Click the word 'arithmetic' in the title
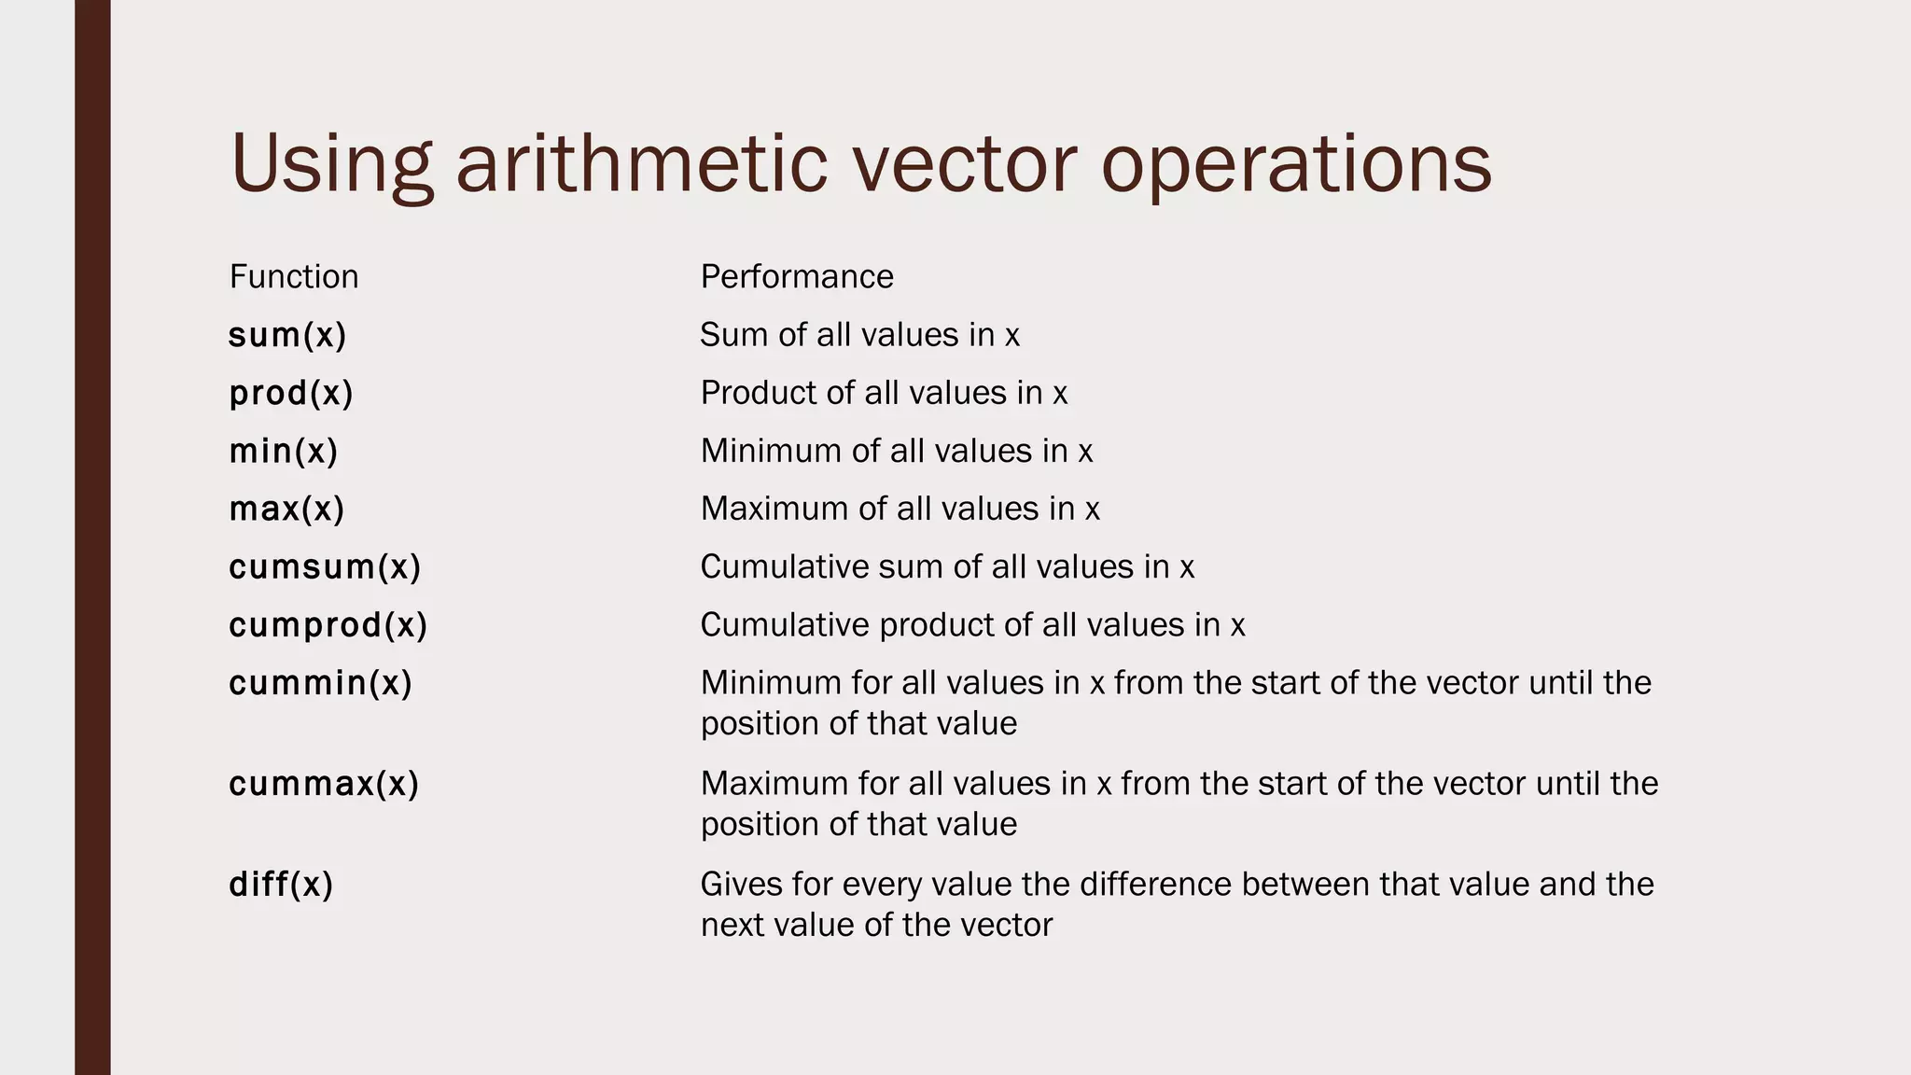(641, 163)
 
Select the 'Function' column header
(294, 277)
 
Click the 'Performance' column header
(797, 277)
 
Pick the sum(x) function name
(287, 335)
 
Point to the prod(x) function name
(291, 393)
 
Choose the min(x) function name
(284, 452)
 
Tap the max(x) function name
(286, 510)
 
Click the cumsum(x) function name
(325, 567)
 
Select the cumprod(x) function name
(328, 625)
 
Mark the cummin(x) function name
(320, 683)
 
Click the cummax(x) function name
(324, 784)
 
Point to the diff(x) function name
(281, 885)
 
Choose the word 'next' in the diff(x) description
(732, 926)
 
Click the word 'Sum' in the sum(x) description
(728, 335)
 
